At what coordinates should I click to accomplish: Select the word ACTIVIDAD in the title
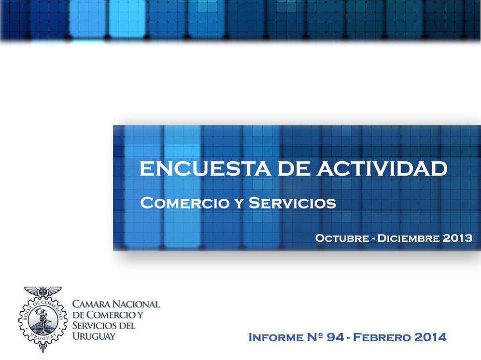coord(382,168)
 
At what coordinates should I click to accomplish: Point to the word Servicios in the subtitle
coord(292,203)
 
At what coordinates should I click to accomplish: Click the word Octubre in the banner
coord(342,238)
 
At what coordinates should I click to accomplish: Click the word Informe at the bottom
coord(275,338)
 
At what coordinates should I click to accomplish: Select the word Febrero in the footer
coord(382,338)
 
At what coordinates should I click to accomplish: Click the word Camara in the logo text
coord(91,304)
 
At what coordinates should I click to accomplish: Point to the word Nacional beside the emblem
coord(136,304)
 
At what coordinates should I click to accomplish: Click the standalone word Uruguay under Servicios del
coord(94,336)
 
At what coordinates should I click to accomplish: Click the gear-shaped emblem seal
coord(42,320)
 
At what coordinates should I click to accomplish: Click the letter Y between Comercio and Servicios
coord(238,203)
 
